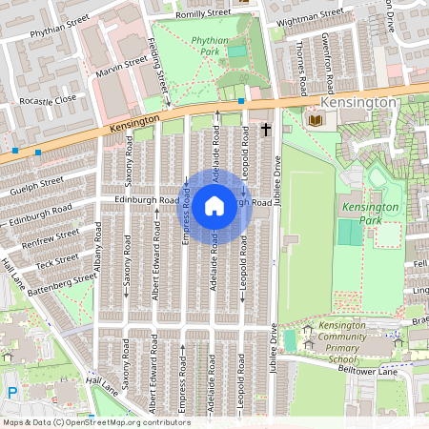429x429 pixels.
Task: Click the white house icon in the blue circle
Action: [x=214, y=205]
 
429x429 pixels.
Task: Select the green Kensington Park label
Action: [x=370, y=214]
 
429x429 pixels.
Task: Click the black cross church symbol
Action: [x=266, y=127]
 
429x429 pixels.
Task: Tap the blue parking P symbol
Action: [x=12, y=392]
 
